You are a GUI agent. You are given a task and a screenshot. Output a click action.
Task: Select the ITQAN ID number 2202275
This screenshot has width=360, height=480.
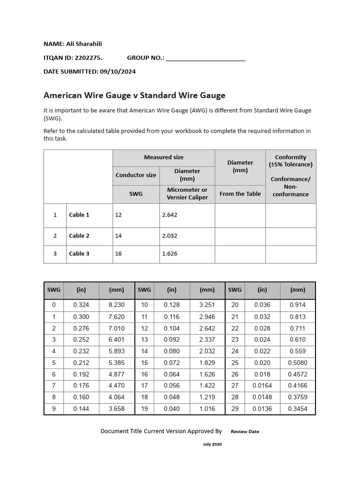tap(88, 58)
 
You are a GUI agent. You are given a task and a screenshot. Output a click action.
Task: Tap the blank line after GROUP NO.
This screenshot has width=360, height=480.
tap(205, 58)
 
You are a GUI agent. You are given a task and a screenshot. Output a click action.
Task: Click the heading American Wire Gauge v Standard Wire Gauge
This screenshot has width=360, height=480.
tap(134, 96)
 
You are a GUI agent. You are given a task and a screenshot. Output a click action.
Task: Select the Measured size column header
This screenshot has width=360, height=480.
tap(164, 157)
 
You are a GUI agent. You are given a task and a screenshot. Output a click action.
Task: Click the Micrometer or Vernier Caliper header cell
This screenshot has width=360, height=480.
tap(187, 194)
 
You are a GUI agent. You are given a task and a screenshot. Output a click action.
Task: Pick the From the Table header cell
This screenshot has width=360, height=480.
tap(240, 194)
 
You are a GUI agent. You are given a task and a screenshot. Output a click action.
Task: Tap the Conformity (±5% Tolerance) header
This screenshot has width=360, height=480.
tap(291, 161)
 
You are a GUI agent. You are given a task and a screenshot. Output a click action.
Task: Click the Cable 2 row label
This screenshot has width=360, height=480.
tap(79, 236)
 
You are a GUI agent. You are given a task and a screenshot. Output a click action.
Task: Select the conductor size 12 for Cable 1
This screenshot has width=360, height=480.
tap(118, 215)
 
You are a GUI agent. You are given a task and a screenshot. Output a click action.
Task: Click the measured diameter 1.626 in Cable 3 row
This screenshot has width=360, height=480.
tap(170, 254)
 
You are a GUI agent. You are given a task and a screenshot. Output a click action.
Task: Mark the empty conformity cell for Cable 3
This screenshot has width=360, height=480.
tap(291, 254)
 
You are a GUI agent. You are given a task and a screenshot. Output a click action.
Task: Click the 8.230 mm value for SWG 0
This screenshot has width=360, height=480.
tap(116, 305)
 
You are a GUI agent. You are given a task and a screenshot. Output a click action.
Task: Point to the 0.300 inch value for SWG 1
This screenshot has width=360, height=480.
tap(81, 317)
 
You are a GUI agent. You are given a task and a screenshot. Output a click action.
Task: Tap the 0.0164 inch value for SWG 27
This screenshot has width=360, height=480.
tap(262, 386)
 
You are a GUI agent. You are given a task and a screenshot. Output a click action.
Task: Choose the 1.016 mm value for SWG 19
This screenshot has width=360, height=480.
tap(207, 409)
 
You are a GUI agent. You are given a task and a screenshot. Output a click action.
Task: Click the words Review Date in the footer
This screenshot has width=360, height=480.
tap(245, 432)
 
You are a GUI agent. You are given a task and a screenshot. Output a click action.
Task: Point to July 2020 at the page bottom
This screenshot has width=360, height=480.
tap(212, 444)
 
